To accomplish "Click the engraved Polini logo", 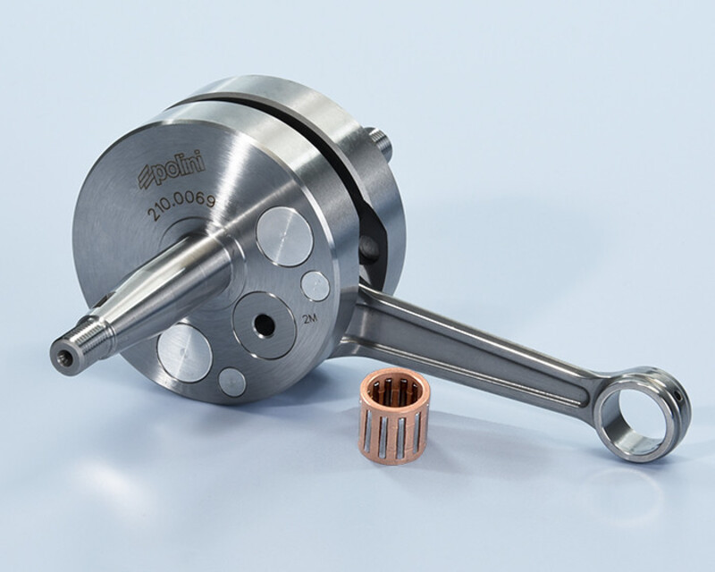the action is point(172,171).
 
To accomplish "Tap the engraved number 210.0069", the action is point(181,206).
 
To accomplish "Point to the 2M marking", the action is point(309,319).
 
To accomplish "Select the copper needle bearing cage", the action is point(394,416).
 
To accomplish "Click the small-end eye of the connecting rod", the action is point(642,414).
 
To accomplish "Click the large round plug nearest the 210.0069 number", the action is point(284,236).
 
